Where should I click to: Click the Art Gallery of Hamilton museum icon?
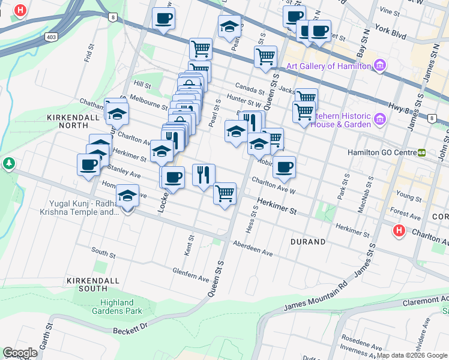379,65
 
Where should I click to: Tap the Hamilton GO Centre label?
381,153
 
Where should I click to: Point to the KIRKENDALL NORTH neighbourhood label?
77,122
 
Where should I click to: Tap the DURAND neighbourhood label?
308,242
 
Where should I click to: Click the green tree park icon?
8,163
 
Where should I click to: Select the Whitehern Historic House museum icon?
379,120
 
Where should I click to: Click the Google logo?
20,352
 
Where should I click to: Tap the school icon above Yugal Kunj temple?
127,197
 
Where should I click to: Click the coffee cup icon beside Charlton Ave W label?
285,167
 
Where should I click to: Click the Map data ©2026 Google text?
412,355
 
